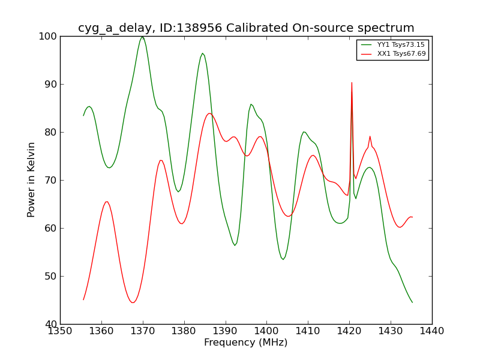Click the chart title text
coord(246,28)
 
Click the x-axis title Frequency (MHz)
coord(246,343)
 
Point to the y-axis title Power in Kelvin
coord(32,179)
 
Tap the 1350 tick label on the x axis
coord(60,331)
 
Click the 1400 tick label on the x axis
coord(266,331)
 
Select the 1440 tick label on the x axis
coord(432,331)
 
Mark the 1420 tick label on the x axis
coord(349,331)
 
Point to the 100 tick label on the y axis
coord(49,36)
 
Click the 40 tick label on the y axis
coord(51,324)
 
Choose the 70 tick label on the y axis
coord(51,180)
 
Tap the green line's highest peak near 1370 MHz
coord(142,37)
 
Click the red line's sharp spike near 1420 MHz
coord(352,83)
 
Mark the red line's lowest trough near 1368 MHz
coord(133,302)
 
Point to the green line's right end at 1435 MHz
coord(412,302)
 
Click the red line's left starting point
coord(83,299)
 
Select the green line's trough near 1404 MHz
coord(283,259)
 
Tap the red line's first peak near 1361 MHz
coord(106,202)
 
